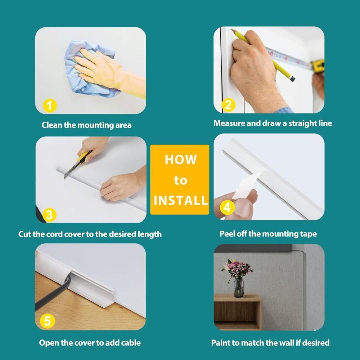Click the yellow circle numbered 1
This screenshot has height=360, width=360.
pos(50,106)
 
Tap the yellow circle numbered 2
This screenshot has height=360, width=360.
pos(228,105)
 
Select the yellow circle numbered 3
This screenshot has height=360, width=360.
pos(49,215)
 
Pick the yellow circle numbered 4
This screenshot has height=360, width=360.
pos(227,207)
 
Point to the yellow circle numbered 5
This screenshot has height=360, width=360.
pos(47,321)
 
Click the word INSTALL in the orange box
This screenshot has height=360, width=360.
pos(181,201)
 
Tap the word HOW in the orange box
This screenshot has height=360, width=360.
pos(181,159)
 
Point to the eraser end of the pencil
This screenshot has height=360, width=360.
pos(292,79)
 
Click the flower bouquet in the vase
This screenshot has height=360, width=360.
pos(237,270)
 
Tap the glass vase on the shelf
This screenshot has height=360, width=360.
pos(239,288)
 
